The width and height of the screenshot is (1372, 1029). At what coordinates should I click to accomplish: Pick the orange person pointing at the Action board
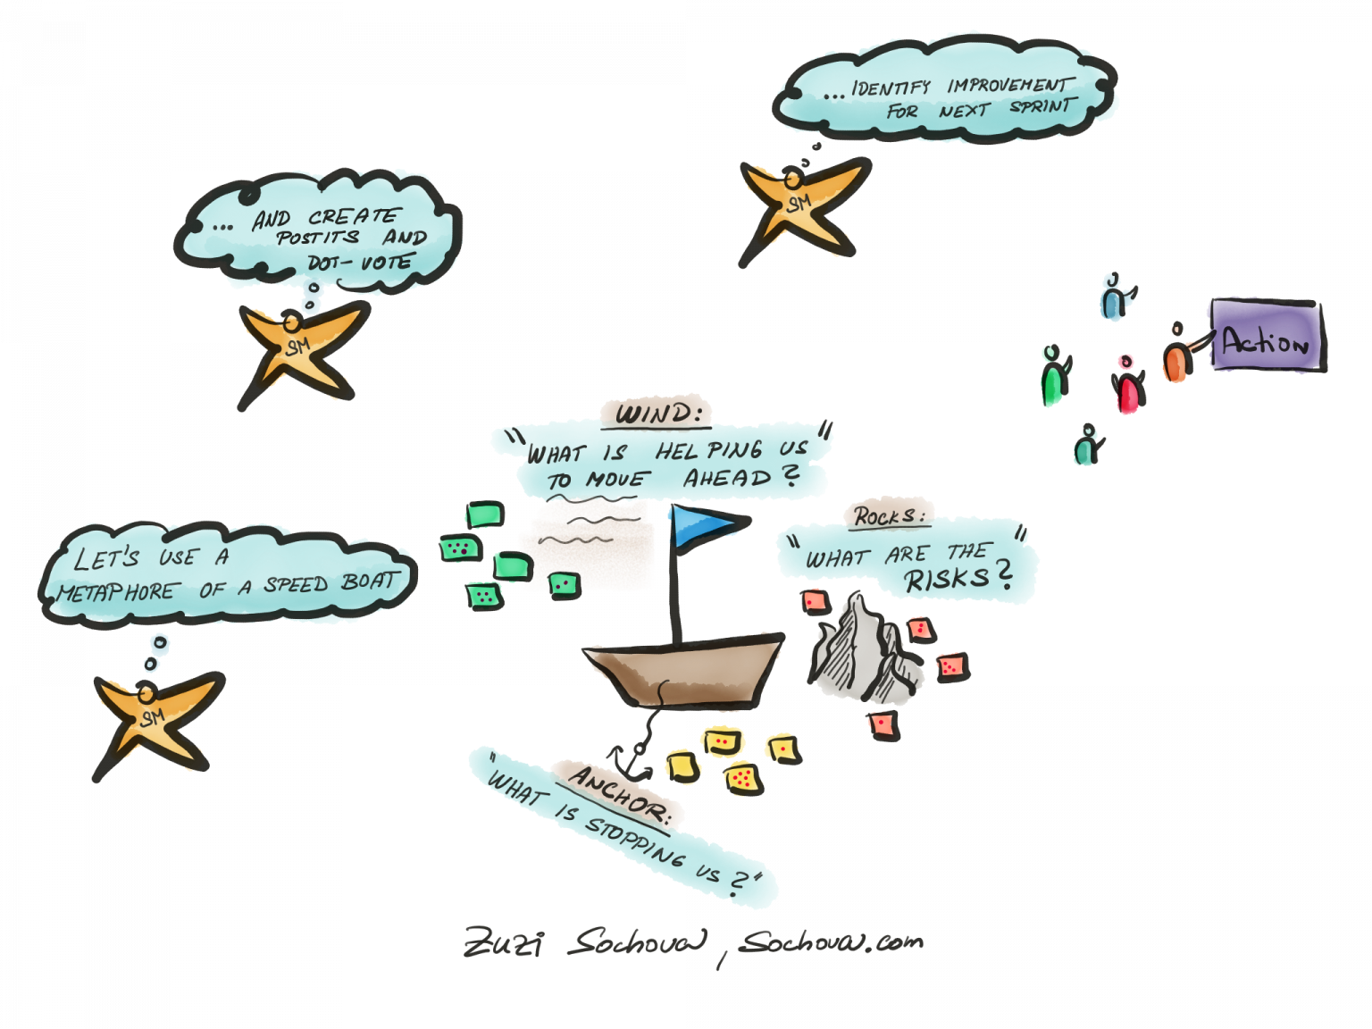(1177, 356)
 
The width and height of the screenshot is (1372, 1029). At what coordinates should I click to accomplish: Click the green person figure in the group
(1054, 378)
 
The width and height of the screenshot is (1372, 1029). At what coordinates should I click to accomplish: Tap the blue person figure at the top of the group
(1112, 298)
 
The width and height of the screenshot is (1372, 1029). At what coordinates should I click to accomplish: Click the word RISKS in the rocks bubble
(947, 580)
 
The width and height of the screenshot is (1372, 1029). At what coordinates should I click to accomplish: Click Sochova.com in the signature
(831, 941)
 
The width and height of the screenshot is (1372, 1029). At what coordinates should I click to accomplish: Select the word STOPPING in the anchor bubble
(634, 840)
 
